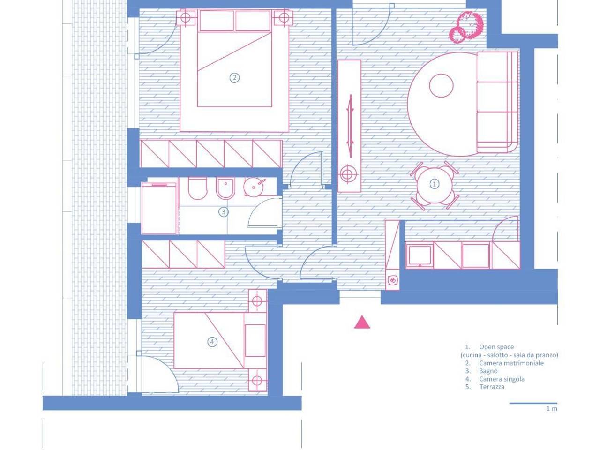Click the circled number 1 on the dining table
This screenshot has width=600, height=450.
(x=435, y=184)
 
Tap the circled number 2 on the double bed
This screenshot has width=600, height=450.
(x=234, y=78)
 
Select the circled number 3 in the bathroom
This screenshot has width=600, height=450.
(x=224, y=212)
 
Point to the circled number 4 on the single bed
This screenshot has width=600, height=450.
(x=212, y=342)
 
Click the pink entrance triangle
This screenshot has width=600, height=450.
(x=362, y=322)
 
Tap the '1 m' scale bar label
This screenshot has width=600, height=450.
(x=551, y=416)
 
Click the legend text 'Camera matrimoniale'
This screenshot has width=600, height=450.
(x=511, y=363)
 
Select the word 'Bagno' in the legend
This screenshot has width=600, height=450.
(x=488, y=371)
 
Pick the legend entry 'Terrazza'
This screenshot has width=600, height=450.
(x=491, y=387)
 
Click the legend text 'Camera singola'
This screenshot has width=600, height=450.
(x=502, y=379)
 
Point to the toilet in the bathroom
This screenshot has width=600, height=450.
(x=197, y=188)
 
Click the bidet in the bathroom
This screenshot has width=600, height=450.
(x=225, y=188)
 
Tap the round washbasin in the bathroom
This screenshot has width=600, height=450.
(x=254, y=187)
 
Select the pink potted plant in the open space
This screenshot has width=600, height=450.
(x=466, y=27)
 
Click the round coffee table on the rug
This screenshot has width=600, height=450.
(x=441, y=85)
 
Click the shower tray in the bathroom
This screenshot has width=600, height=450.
(x=159, y=209)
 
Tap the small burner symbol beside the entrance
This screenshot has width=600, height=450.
(x=392, y=280)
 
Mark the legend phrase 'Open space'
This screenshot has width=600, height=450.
(x=496, y=347)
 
